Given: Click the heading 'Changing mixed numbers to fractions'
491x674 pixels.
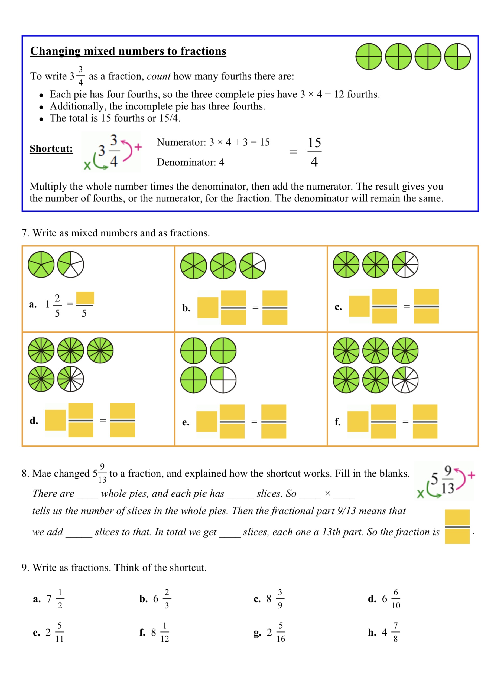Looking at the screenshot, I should click(x=128, y=51).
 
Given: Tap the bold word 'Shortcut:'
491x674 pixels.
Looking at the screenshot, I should click(x=51, y=148).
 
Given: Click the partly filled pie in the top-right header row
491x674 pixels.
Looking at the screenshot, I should click(x=457, y=57).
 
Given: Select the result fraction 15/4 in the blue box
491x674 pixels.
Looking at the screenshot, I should click(x=314, y=152).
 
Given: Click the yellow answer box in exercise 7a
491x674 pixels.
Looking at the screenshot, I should click(x=85, y=298).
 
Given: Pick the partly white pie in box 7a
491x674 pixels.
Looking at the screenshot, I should click(x=70, y=265).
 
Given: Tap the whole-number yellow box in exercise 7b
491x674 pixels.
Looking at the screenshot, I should click(x=208, y=308).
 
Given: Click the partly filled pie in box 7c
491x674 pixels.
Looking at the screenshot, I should click(x=405, y=265).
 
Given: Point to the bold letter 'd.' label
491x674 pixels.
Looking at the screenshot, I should click(x=34, y=421).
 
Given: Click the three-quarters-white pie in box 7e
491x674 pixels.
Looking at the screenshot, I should click(x=223, y=380).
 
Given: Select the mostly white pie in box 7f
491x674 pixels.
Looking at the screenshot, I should click(x=405, y=380).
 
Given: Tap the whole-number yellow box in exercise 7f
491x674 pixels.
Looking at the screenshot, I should click(x=357, y=421).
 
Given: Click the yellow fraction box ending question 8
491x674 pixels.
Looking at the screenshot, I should click(x=457, y=527).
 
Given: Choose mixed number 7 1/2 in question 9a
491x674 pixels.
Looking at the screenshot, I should click(x=55, y=599).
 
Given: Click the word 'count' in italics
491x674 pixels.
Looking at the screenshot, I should click(x=158, y=76).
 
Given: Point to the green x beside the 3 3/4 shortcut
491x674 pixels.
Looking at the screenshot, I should click(x=87, y=165).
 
